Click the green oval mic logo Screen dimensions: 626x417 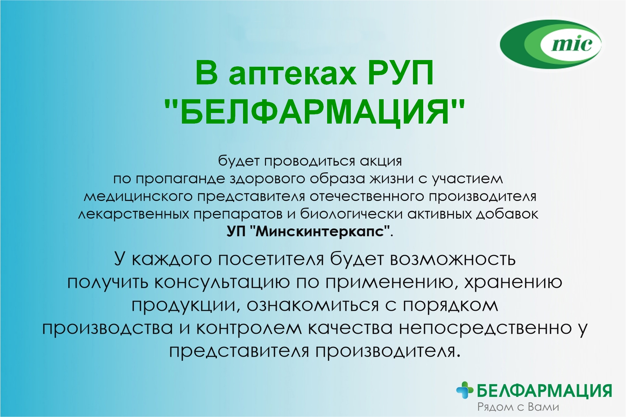[x=551, y=44]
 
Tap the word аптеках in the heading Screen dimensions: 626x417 [x=293, y=73]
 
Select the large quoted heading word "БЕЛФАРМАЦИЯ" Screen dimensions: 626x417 [x=315, y=112]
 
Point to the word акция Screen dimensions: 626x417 [x=381, y=162]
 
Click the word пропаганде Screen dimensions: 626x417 [x=180, y=179]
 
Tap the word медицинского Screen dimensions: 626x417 [x=138, y=197]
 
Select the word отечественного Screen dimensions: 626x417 [x=366, y=196]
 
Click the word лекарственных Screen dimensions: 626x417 [x=133, y=214]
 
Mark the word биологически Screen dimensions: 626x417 [x=351, y=214]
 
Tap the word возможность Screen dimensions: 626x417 [x=453, y=260]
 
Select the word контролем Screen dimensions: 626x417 [x=249, y=328]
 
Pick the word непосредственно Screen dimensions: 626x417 [x=485, y=328]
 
